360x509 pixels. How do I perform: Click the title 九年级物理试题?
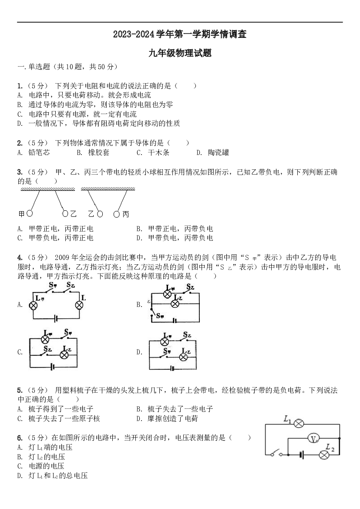(180, 53)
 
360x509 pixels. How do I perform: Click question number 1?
(20, 86)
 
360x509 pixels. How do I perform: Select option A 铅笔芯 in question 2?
(34, 152)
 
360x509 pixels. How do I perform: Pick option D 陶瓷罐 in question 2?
(213, 152)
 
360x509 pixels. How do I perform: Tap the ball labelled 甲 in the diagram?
(30, 213)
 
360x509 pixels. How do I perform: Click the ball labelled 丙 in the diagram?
(117, 214)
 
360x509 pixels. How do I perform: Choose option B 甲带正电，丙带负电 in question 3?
(175, 229)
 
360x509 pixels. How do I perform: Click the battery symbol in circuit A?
(56, 319)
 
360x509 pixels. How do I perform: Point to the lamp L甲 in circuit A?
(33, 306)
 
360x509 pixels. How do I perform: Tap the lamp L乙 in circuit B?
(175, 304)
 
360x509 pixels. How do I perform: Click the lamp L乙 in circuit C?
(64, 355)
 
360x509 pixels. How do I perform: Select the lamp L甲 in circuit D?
(165, 341)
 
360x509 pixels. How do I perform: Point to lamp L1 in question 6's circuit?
(299, 423)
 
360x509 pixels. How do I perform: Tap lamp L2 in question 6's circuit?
(323, 455)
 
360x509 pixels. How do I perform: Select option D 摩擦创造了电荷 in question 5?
(167, 418)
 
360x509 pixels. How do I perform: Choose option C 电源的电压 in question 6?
(41, 466)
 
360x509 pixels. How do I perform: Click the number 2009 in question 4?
(63, 258)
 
